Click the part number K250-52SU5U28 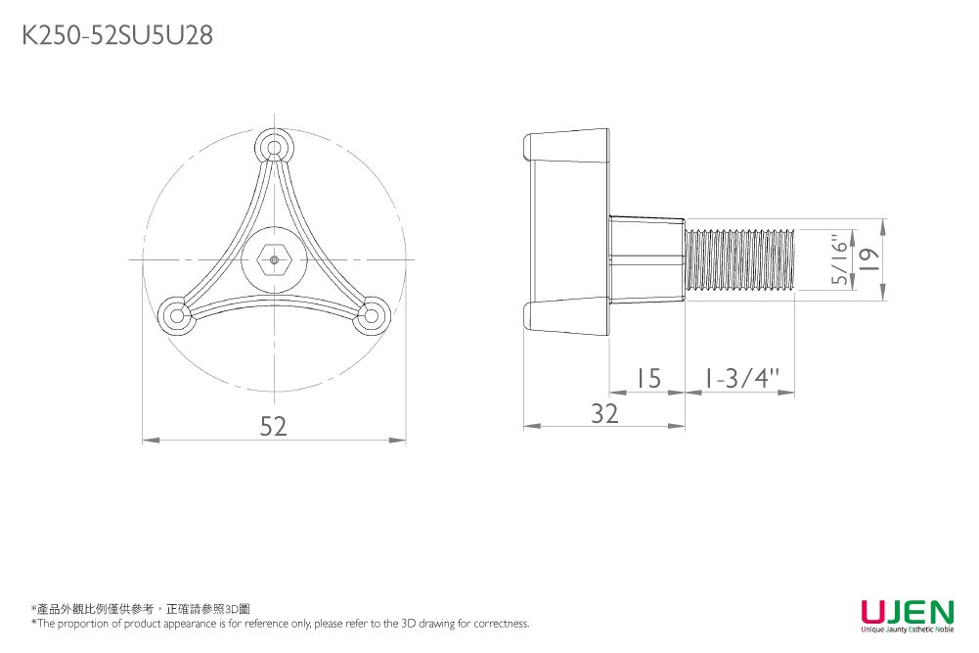click(117, 35)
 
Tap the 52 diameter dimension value click(274, 426)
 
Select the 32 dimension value click(604, 414)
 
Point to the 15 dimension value click(648, 379)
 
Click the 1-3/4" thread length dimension click(741, 378)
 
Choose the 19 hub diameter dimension click(869, 259)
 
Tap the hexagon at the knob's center click(274, 259)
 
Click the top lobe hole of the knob click(274, 148)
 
